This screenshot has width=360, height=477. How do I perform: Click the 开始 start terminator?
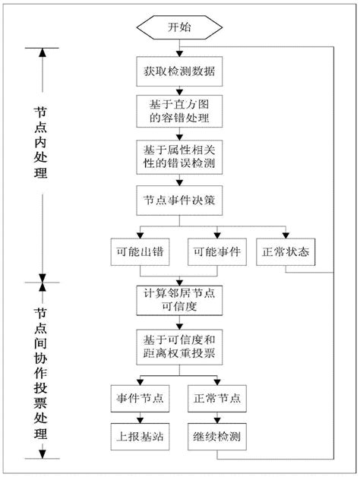tap(179, 27)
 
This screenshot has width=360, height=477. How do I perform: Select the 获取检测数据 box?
tap(179, 72)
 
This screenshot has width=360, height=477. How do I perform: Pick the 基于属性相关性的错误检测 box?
tap(179, 156)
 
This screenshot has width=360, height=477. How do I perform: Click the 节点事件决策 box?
tap(179, 201)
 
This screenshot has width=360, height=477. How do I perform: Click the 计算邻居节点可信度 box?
tap(179, 299)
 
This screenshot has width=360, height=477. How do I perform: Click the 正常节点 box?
tap(217, 398)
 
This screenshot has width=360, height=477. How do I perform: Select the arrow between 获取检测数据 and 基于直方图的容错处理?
tap(179, 90)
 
